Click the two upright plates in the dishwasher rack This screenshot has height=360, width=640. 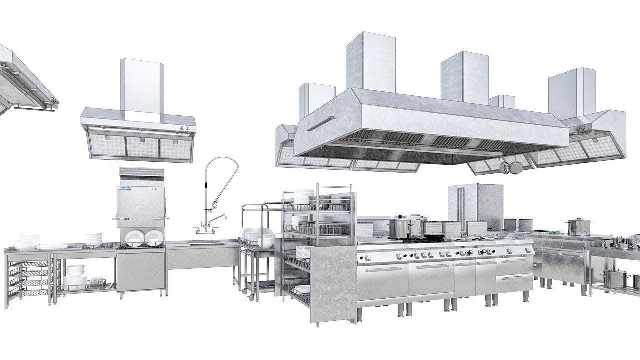pos(144,238)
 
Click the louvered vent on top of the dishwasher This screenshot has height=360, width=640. pos(142,173)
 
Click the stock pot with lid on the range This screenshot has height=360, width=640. pos(400,227)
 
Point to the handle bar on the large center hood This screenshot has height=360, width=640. pos(320,123)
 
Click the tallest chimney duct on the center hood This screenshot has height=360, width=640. pos(371,62)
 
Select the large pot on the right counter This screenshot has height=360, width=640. pos(578,227)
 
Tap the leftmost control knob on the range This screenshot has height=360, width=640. pos(368,258)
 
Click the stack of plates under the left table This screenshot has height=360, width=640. pos(75,276)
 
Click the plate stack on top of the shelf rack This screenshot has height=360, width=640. pos(303,196)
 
